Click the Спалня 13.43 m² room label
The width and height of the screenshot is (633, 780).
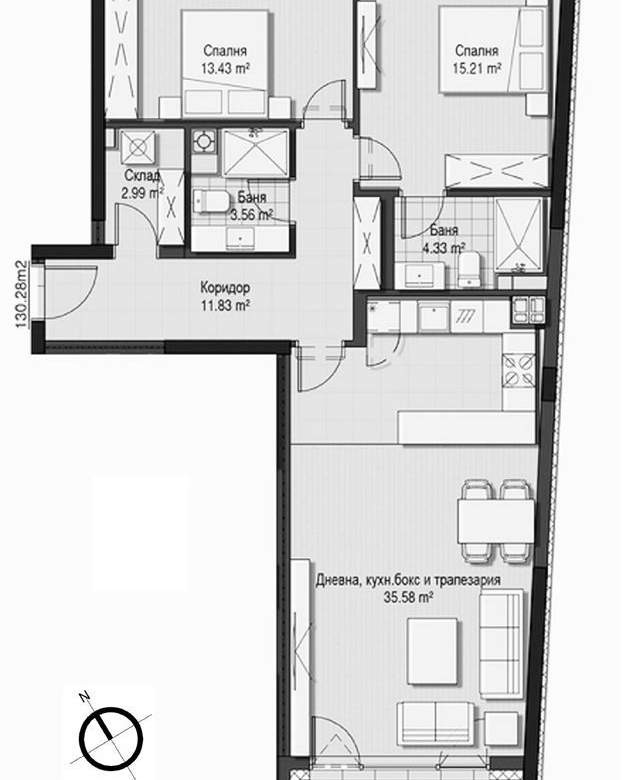point(224,60)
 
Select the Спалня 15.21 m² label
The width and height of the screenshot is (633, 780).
point(477,60)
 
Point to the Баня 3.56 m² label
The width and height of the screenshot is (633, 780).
point(249,206)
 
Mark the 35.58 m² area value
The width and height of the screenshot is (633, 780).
point(409,597)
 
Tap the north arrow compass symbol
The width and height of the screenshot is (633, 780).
point(109,734)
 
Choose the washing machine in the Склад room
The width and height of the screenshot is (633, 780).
point(136,147)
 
